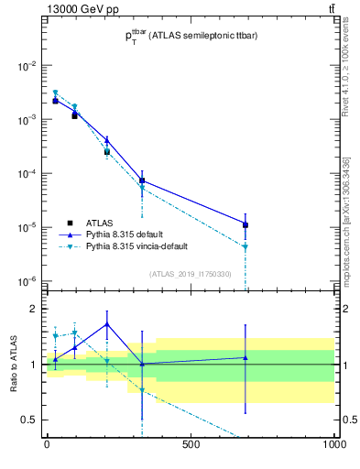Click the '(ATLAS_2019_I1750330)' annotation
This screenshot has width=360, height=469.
(x=191, y=273)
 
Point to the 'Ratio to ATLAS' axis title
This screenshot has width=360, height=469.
(x=12, y=365)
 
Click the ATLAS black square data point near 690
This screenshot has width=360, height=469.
(x=245, y=224)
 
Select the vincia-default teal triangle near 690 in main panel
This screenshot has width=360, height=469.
(x=245, y=246)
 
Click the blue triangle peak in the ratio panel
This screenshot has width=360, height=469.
(x=107, y=323)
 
